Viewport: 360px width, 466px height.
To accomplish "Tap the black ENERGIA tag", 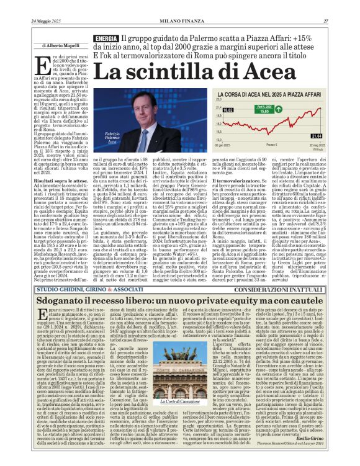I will pyautogui.click(x=107, y=39).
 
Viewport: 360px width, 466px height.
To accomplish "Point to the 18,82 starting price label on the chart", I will pyautogui.click(x=227, y=109).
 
